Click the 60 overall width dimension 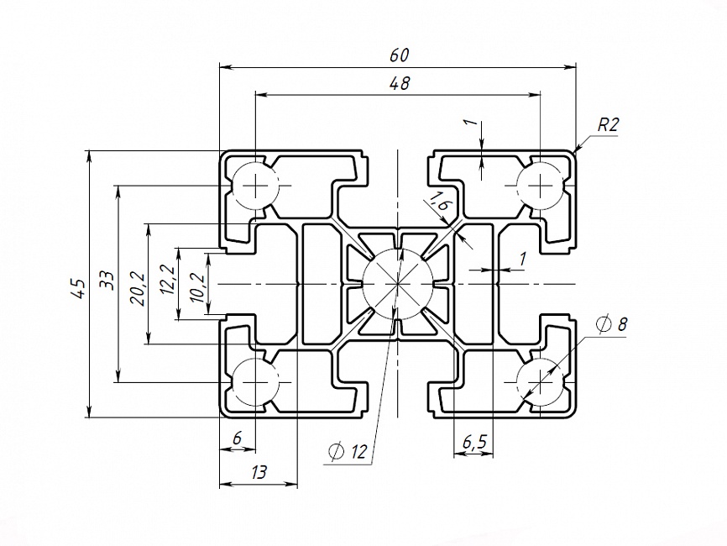(x=399, y=55)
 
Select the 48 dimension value (x=399, y=83)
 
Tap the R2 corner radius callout (x=608, y=125)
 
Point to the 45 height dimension (x=77, y=288)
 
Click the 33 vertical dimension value (x=106, y=280)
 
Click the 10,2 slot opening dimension (x=196, y=286)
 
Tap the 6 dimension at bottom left (x=237, y=438)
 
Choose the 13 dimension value (x=258, y=473)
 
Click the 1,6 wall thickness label (x=439, y=202)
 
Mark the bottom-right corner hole (x=541, y=382)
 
